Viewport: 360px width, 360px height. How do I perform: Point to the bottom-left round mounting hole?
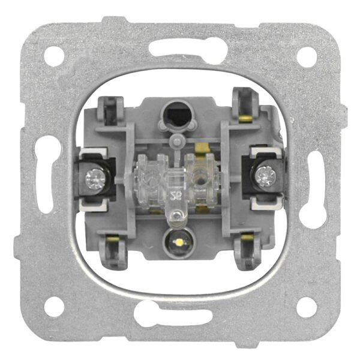[55, 307]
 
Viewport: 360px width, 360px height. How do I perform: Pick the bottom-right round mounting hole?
[306, 307]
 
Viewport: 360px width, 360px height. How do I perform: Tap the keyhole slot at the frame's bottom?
[180, 314]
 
